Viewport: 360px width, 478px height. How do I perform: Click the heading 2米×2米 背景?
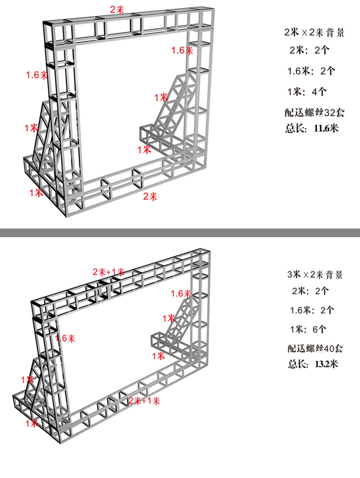coord(314,33)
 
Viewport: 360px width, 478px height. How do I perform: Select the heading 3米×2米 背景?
coord(314,275)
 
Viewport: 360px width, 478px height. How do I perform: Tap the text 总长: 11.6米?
coord(312,128)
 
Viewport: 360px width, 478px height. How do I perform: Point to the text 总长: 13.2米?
coord(312,364)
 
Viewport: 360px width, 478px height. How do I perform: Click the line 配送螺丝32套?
coord(313,111)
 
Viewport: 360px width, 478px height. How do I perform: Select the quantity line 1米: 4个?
coord(307,92)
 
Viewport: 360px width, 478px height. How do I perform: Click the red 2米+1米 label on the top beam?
coord(108,272)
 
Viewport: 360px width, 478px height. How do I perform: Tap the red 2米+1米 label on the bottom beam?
coord(144,401)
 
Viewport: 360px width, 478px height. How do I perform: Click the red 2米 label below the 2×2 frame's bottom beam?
coord(150,197)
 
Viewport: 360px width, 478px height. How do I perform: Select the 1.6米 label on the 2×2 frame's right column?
coord(182,50)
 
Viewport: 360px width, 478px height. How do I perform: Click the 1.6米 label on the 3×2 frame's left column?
coord(65,338)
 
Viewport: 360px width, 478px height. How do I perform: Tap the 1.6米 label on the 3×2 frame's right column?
coord(181,293)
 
